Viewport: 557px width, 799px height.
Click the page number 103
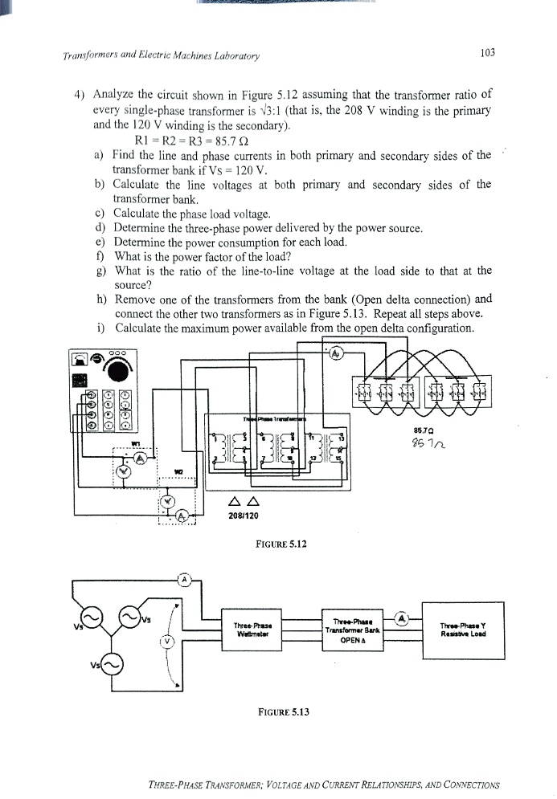tap(487, 54)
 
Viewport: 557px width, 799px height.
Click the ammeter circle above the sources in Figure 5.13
tap(184, 579)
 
